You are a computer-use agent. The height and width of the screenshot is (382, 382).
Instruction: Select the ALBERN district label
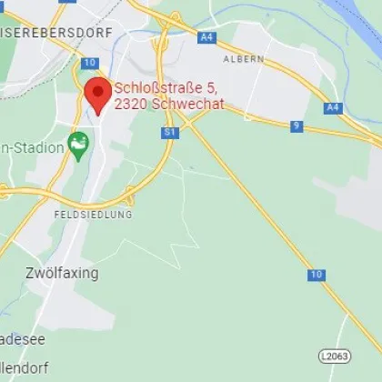[243, 59]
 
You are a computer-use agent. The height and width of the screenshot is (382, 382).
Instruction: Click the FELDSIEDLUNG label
[92, 215]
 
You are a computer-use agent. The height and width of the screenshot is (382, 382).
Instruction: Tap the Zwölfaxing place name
[62, 273]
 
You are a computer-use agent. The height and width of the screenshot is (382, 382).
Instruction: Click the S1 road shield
[169, 133]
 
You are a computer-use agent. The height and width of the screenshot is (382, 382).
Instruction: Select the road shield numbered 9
[297, 126]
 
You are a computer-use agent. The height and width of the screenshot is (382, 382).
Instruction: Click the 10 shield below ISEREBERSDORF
[88, 63]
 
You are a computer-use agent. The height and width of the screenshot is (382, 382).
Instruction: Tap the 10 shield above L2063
[316, 274]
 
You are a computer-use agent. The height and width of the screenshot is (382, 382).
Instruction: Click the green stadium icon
[79, 144]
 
